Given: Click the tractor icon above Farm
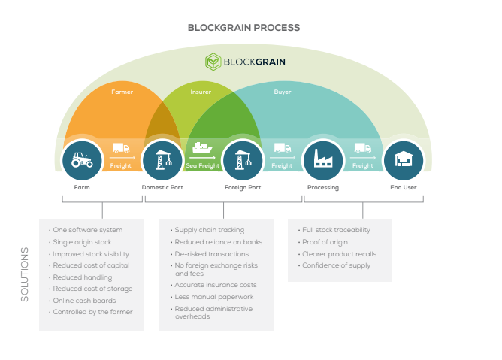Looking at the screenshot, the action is [x=82, y=160].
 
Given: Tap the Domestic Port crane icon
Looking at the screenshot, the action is [x=163, y=160].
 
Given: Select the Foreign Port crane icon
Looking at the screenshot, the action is [x=243, y=160].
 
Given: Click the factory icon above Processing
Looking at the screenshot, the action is [x=322, y=158].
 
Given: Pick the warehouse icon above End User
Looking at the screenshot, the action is [x=404, y=159].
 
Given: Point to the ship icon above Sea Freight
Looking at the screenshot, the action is [x=202, y=147].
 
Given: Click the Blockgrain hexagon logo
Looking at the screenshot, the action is [x=213, y=62].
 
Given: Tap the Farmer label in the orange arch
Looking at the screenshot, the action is [x=122, y=92].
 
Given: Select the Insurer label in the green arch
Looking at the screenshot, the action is [x=201, y=92].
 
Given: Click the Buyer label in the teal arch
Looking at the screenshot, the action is [x=283, y=92].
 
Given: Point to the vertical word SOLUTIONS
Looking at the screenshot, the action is [x=25, y=274].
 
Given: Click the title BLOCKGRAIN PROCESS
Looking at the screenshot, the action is [x=243, y=28].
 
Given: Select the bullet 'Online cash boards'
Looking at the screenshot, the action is [x=84, y=301].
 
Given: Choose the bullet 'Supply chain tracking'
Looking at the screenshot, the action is [x=209, y=230].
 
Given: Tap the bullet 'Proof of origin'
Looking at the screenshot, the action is [x=325, y=242].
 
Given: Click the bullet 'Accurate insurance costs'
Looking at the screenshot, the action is [x=215, y=285].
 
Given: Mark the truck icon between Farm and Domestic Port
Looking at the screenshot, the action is [x=121, y=148].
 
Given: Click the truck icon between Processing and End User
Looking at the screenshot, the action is [x=363, y=148].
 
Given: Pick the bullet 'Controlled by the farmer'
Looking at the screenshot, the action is [x=92, y=312].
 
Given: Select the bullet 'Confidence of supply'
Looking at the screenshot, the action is [x=336, y=265].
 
